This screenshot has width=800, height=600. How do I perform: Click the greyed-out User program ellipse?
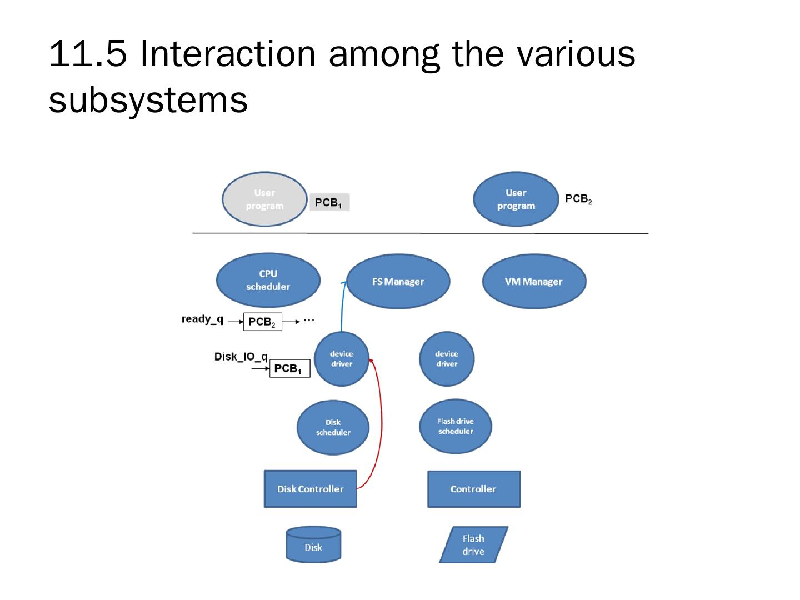tap(264, 199)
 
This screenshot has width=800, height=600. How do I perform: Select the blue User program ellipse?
tap(516, 199)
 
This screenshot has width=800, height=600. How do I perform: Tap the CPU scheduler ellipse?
tap(268, 281)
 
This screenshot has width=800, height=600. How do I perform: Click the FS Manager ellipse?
tap(398, 282)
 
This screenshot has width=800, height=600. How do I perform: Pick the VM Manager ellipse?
tap(533, 282)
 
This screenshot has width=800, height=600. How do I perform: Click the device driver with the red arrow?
tap(341, 359)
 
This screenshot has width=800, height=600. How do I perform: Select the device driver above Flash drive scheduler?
tap(447, 359)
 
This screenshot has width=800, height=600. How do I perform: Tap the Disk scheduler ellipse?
tap(333, 427)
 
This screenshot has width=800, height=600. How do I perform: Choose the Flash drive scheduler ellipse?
tap(456, 426)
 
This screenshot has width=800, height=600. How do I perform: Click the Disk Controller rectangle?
tap(310, 489)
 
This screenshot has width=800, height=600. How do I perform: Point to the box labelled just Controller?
tap(473, 489)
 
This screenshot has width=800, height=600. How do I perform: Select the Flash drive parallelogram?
tap(473, 545)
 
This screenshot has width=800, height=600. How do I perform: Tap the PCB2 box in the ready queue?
tap(262, 322)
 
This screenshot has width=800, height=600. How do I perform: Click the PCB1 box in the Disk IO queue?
tap(289, 369)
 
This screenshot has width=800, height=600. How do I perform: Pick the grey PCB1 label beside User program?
tap(329, 203)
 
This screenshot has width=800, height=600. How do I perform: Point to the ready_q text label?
tap(203, 319)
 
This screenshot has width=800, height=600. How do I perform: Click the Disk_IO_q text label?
tap(241, 356)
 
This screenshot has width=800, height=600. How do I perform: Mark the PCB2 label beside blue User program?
tap(578, 199)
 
